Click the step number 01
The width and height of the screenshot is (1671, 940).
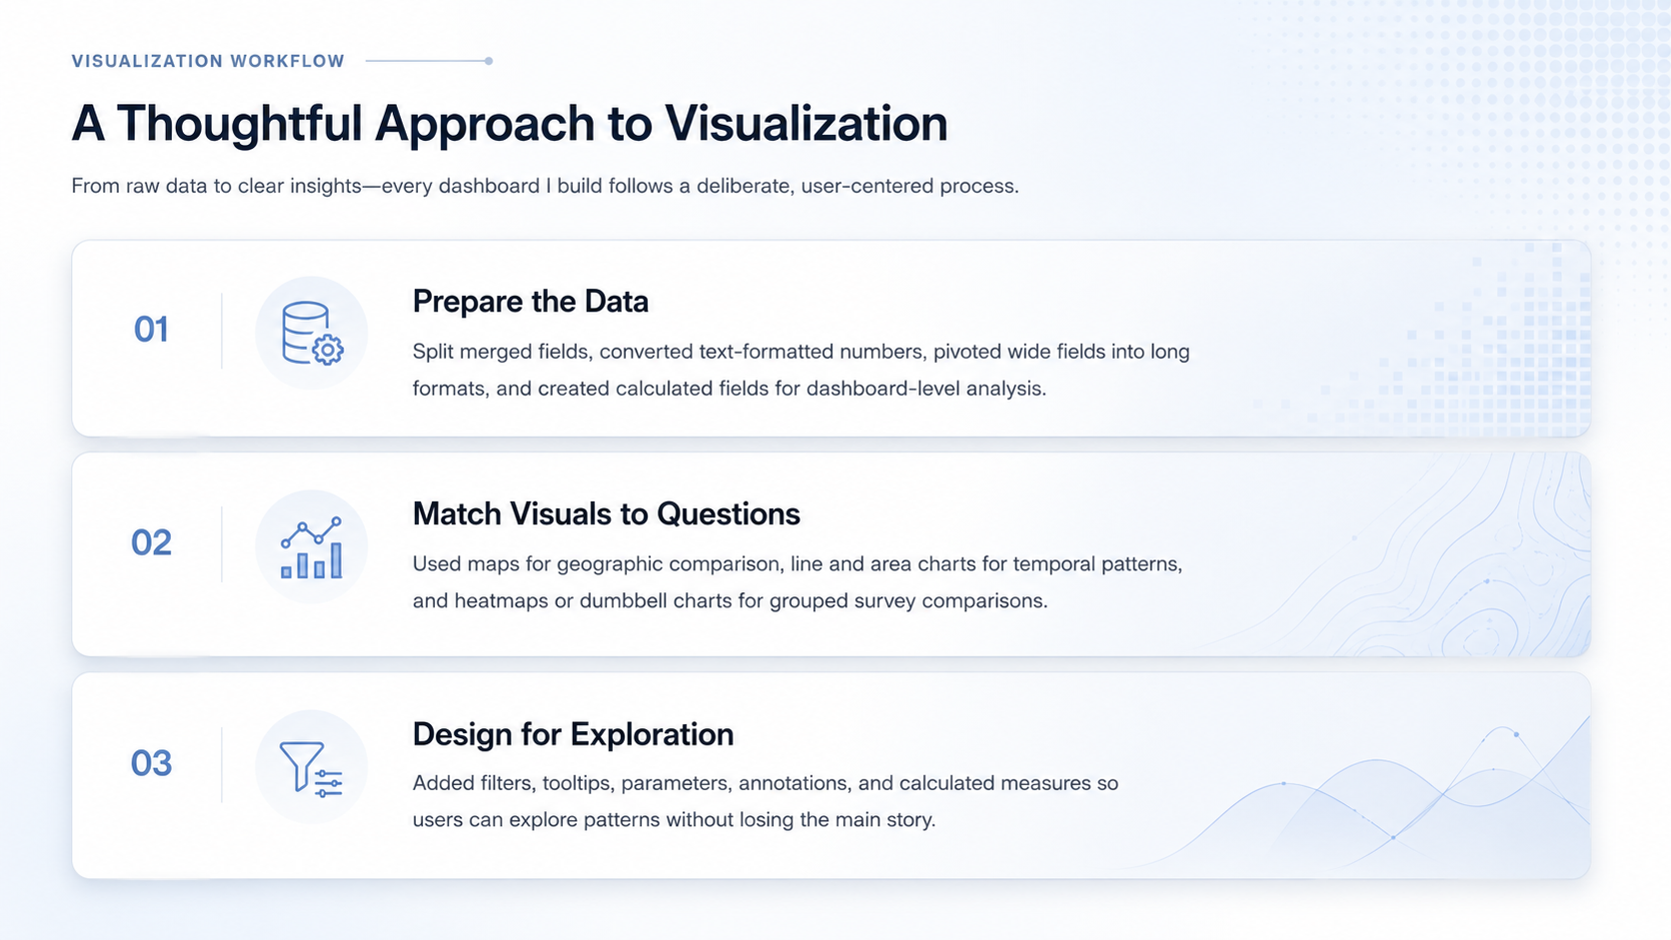tap(151, 330)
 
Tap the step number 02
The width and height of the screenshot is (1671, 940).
tap(152, 542)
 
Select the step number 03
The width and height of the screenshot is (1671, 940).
tap(152, 763)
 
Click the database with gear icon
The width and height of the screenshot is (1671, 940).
tap(313, 334)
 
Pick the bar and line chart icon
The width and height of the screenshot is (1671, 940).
tap(312, 547)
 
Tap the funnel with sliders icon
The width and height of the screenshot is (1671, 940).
tap(311, 769)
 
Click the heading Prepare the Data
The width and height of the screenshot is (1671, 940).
tap(531, 301)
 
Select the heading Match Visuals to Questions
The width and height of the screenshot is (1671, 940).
tap(607, 513)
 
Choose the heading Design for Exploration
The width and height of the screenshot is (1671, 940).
tap(573, 734)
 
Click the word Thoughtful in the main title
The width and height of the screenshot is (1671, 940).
tap(240, 123)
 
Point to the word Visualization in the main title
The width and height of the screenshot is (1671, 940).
tap(807, 123)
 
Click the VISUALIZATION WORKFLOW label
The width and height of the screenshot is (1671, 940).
tap(208, 61)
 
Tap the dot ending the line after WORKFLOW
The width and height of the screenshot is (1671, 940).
tap(489, 61)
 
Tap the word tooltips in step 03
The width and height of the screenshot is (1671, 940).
tap(576, 783)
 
